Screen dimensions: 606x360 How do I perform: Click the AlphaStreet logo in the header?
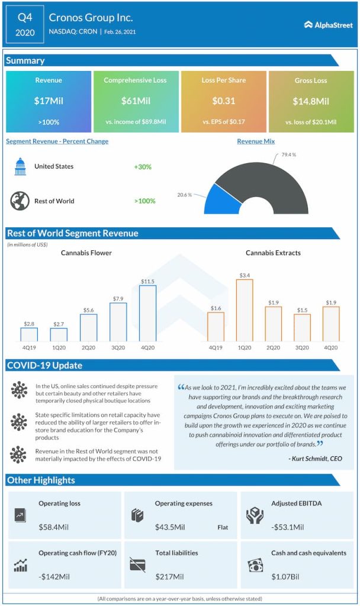(327, 24)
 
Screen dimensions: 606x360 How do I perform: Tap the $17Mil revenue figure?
(49, 101)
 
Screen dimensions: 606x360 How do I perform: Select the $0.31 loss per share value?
(224, 101)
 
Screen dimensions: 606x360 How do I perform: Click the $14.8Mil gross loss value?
(311, 101)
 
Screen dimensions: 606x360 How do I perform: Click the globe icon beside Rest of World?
(20, 201)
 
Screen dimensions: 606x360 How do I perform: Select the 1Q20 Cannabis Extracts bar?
(244, 311)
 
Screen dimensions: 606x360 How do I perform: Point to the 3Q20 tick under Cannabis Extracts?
(302, 347)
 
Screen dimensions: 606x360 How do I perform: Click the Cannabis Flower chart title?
(86, 253)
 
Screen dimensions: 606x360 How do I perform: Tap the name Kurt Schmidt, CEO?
(316, 458)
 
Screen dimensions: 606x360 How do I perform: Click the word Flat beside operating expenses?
(222, 527)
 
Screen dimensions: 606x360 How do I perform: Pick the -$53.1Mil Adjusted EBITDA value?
(288, 527)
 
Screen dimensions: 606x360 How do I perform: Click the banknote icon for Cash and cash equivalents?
(255, 565)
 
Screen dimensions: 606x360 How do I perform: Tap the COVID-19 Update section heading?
(44, 365)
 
